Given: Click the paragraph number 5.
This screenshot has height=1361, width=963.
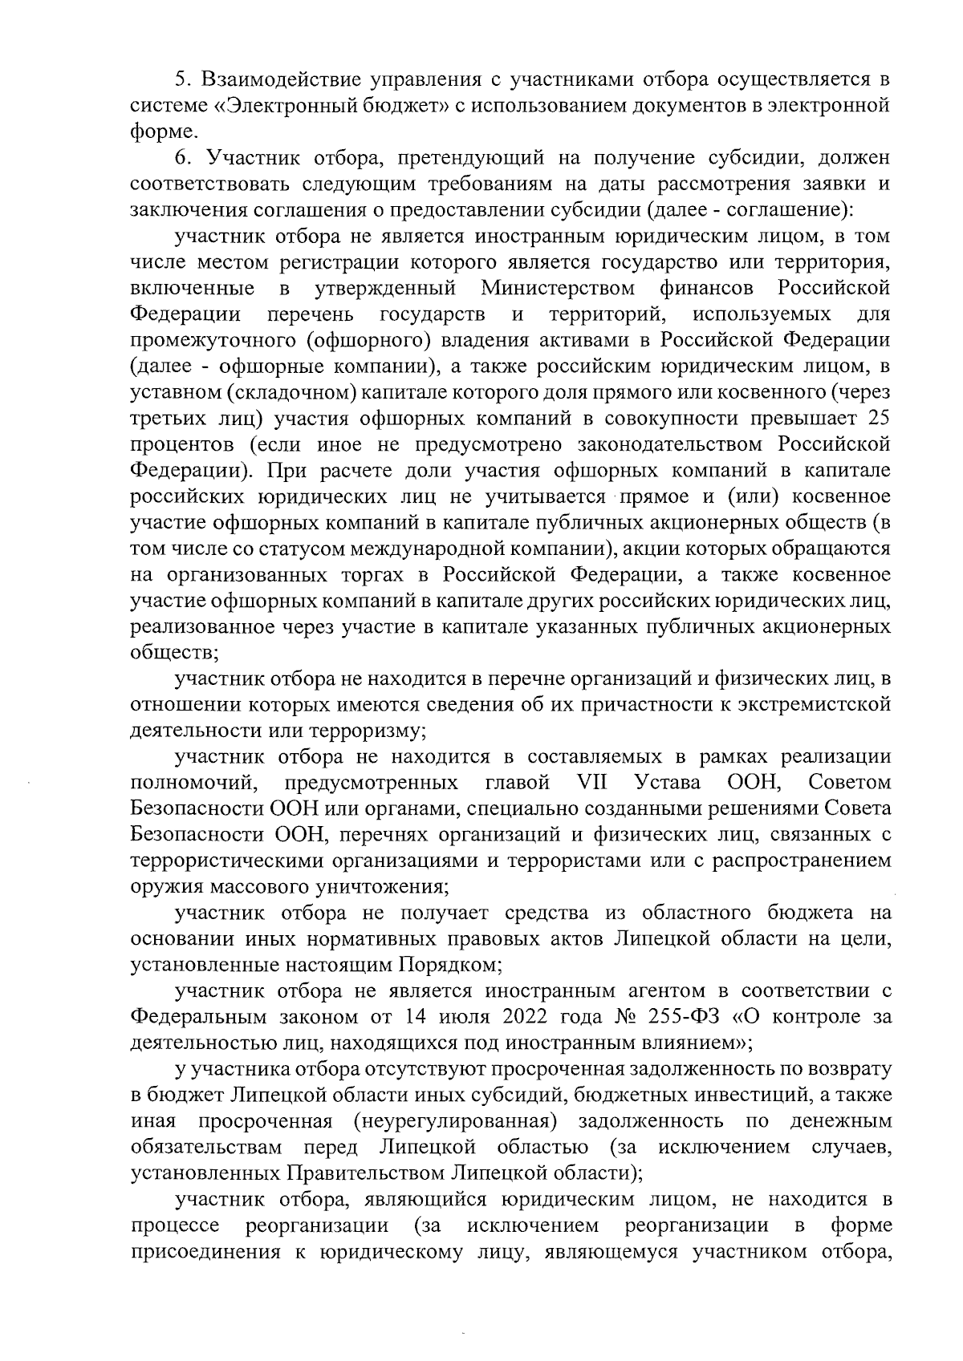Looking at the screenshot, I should pos(182,80).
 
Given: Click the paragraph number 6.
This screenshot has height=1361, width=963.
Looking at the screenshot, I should pos(182,159).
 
